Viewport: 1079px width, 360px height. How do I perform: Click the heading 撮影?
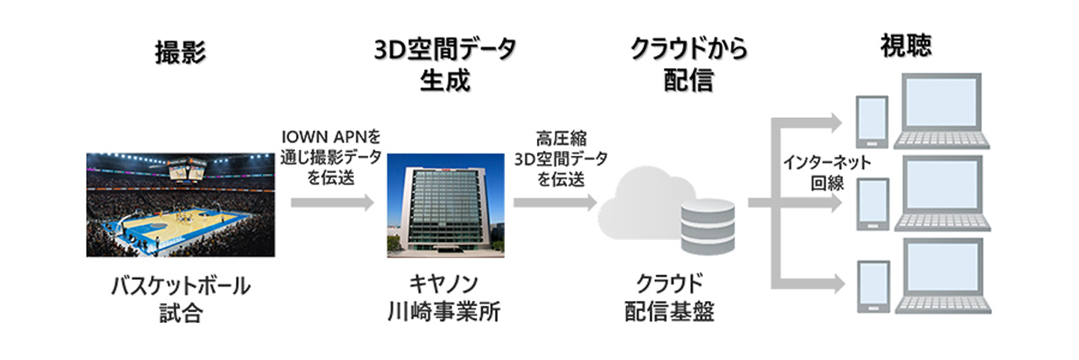pos(180,52)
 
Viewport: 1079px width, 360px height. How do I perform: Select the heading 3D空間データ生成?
pos(445,65)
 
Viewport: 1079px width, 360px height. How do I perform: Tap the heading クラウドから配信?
pos(689,65)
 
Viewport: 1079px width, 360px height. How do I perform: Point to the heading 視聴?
pos(906,46)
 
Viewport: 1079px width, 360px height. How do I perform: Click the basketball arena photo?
pos(180,205)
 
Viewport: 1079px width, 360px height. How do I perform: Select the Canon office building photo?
pos(446,206)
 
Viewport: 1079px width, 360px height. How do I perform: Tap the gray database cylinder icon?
pos(707,227)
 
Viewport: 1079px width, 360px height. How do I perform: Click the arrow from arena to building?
pos(332,202)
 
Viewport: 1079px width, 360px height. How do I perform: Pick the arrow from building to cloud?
pos(556,202)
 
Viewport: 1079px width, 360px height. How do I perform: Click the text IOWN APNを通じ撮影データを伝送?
pos(331,157)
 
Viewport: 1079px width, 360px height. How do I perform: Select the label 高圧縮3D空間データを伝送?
pos(561,159)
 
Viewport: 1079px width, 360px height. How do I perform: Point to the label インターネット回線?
pos(827,173)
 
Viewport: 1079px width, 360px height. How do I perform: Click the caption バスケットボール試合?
pos(180,298)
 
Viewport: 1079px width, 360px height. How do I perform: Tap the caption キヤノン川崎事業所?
pos(444,298)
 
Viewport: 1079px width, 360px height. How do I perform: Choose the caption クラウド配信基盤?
pos(669,298)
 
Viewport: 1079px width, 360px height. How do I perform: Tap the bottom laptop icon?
pos(943,276)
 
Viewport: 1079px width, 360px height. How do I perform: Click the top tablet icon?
pos(872,122)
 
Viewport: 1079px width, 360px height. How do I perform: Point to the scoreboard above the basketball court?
pos(187,169)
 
